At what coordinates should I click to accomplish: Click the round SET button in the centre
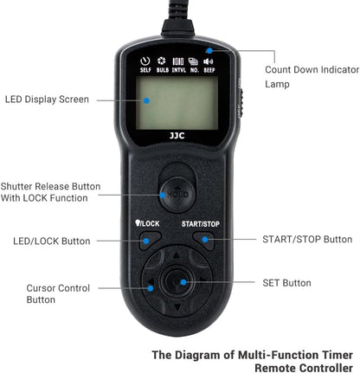pos(178,282)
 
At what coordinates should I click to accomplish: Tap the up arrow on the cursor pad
pos(178,256)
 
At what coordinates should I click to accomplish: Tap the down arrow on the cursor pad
pos(178,308)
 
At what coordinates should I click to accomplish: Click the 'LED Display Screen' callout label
pos(48,99)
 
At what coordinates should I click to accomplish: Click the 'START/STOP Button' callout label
pos(306,239)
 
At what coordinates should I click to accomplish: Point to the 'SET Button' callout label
pos(286,282)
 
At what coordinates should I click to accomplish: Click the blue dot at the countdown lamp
pos(210,50)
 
